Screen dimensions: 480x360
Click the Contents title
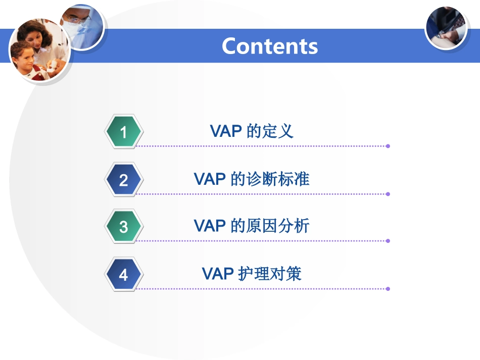(270, 46)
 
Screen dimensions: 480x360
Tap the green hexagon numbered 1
(124, 131)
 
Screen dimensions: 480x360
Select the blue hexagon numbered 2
(124, 180)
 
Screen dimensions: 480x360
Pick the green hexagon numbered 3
(124, 226)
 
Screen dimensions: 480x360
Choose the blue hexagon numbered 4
(124, 274)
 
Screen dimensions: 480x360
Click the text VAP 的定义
(252, 131)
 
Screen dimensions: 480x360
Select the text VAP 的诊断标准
(252, 179)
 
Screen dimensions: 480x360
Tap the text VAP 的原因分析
(252, 226)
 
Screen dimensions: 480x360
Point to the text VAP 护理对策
(252, 274)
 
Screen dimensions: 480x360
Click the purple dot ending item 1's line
(388, 146)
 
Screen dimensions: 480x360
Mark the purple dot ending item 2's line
(388, 194)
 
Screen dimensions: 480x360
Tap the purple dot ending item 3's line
(388, 241)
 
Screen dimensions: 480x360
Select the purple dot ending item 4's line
(388, 289)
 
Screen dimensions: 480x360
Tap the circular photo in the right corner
(446, 28)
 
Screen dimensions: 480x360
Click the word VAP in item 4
(218, 274)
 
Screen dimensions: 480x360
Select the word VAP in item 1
(226, 131)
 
